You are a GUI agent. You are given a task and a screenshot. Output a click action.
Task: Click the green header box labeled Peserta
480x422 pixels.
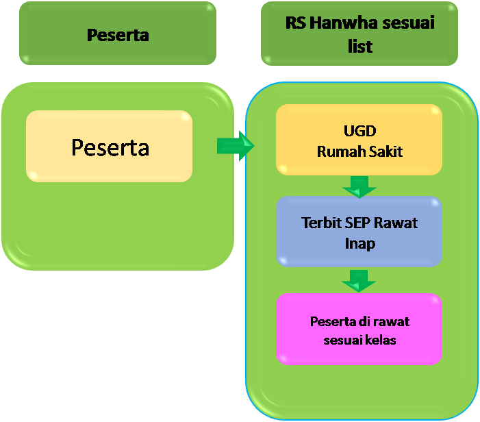[x=117, y=34]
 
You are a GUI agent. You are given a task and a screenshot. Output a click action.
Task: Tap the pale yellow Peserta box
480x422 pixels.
[x=110, y=147]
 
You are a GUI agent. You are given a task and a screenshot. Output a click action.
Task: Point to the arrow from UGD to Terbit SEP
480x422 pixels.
[x=359, y=185]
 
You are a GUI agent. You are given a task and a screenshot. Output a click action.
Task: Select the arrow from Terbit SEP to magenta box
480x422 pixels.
[x=359, y=280]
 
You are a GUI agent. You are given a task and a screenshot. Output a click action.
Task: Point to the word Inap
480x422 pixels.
[x=359, y=243]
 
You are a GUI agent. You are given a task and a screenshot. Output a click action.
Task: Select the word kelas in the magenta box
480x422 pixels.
[x=381, y=340]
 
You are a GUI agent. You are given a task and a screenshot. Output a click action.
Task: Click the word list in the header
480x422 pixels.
[x=359, y=46]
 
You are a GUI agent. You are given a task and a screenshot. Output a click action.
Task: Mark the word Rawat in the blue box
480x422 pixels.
[x=400, y=223]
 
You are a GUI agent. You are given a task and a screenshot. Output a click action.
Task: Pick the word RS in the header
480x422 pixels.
[x=295, y=23]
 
